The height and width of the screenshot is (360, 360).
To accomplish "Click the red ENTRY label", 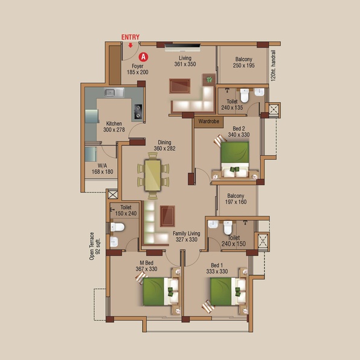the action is tap(130, 37).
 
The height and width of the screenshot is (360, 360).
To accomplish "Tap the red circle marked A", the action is tap(144, 57).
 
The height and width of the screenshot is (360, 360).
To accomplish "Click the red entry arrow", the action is tap(130, 45).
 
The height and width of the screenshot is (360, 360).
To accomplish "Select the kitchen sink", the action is tap(114, 92).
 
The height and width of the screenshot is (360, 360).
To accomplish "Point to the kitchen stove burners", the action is tap(138, 111).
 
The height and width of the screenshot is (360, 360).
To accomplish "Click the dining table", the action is tap(153, 175).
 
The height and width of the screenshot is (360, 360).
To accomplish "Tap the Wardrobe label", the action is tap(209, 121).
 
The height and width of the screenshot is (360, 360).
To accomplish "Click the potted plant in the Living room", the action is tap(209, 80).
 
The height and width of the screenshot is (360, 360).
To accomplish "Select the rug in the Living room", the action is tap(180, 86).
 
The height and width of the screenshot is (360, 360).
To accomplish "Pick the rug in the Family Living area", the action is tap(167, 216).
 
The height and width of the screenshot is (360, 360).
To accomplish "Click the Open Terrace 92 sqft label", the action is tap(95, 246).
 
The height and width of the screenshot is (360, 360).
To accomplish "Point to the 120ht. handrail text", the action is tap(273, 66).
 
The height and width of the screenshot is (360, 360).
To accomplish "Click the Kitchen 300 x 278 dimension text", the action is tap(114, 130).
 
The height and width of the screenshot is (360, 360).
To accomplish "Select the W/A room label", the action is tap(103, 166).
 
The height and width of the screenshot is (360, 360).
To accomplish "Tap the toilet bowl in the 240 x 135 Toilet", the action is tap(244, 95).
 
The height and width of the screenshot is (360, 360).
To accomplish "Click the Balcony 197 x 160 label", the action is tap(236, 199).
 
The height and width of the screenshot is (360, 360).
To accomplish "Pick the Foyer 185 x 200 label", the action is tap(138, 69).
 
